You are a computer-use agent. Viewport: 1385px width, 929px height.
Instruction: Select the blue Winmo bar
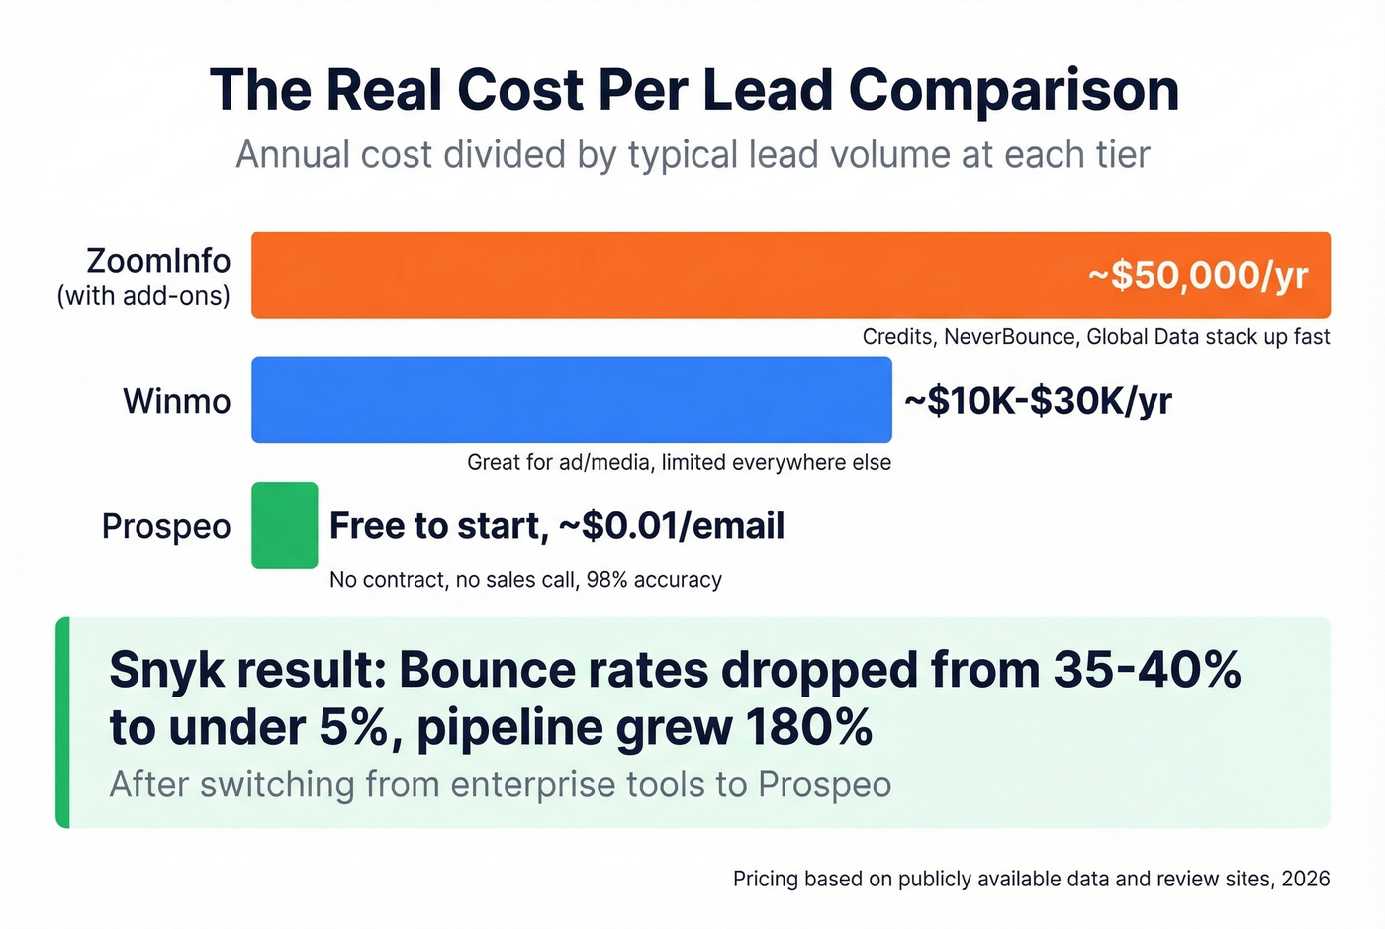[572, 400]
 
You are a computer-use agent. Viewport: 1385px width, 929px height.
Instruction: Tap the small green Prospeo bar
[285, 525]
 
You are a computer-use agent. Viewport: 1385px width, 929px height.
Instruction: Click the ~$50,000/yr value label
[1198, 275]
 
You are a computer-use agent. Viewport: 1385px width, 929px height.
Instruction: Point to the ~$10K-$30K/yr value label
[1038, 401]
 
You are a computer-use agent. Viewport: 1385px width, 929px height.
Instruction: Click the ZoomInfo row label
[158, 261]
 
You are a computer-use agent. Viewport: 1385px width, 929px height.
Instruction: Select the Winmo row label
[176, 401]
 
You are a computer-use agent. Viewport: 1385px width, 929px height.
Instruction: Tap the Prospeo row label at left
[166, 526]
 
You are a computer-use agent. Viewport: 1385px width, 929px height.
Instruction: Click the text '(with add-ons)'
[143, 296]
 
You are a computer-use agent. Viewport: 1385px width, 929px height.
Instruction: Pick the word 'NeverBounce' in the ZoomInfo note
[1009, 337]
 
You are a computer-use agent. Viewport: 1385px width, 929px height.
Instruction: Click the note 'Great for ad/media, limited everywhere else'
[679, 462]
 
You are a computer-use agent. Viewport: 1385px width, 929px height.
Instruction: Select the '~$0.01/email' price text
[672, 526]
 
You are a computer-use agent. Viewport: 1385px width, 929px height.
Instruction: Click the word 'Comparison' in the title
[1013, 90]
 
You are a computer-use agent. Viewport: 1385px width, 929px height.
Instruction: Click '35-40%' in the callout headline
[1147, 671]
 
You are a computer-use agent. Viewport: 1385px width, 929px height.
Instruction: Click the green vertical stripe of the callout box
[63, 722]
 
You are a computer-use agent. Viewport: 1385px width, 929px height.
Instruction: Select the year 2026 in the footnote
[1305, 879]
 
